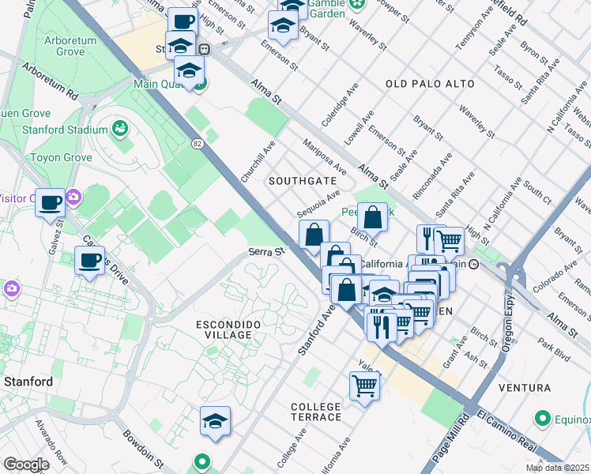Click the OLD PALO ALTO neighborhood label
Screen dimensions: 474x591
pos(430,84)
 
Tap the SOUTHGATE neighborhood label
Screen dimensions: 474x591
pos(302,181)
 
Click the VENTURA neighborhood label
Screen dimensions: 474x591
pos(525,388)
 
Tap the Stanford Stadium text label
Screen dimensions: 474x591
pos(69,130)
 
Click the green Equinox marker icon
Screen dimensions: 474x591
pos(543,418)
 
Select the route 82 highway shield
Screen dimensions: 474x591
pos(198,143)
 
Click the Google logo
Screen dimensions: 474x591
pos(26,465)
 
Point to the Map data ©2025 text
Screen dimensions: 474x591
pos(557,468)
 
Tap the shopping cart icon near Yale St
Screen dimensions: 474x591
pos(364,386)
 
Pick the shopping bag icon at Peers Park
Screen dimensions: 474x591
pos(371,216)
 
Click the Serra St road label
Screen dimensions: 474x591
pos(266,251)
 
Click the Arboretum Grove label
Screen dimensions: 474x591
pos(60,45)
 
